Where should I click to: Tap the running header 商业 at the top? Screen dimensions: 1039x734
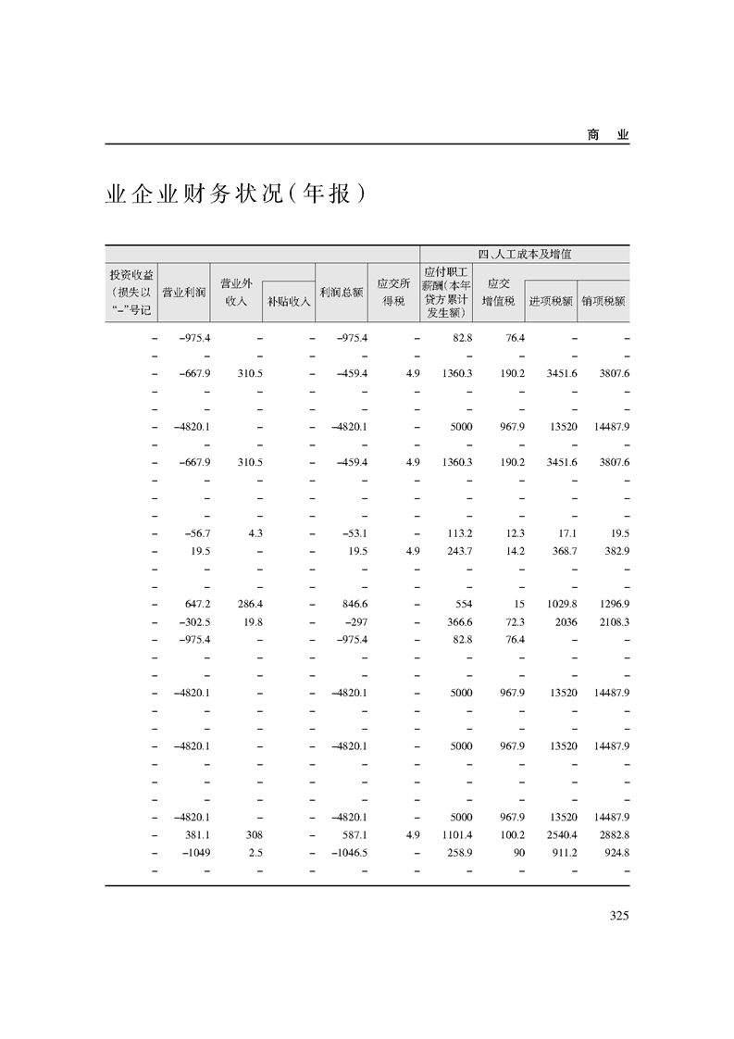607,134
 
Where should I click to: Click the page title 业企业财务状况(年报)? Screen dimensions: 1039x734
230,195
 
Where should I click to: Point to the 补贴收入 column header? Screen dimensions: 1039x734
289,301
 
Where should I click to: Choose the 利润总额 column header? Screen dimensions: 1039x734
342,290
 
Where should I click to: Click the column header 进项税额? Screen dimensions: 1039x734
551,301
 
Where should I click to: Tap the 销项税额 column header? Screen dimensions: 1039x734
604,301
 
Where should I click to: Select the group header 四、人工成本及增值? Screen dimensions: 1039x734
525,254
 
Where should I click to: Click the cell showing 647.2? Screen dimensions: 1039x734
198,603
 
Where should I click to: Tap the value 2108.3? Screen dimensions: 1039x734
611,621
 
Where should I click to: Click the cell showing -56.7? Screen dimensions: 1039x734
198,532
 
